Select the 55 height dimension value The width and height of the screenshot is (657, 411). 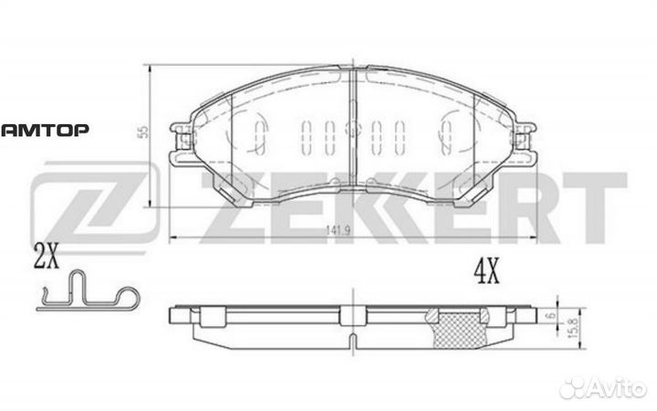[141, 132]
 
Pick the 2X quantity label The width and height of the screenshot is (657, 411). [45, 258]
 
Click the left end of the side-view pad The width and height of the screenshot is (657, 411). [176, 317]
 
